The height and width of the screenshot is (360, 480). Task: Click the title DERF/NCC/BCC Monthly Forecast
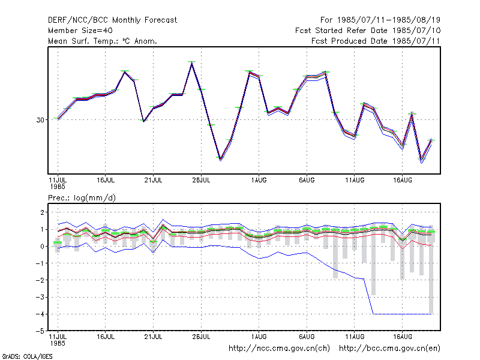[112, 20]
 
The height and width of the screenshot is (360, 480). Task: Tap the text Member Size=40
[80, 31]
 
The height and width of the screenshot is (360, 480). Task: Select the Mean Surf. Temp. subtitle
[103, 41]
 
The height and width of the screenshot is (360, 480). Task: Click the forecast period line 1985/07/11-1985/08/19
[380, 20]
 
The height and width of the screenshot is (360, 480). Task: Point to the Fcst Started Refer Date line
[368, 31]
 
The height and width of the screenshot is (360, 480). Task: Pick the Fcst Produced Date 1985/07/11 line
[376, 41]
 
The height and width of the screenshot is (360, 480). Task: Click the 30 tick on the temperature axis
[40, 120]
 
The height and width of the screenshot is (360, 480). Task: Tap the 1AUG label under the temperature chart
[259, 181]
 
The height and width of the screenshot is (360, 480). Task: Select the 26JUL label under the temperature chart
[201, 181]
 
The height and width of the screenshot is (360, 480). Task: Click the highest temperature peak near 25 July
[191, 62]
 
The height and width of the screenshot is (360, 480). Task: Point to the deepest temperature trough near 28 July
[220, 159]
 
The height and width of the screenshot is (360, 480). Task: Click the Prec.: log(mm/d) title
[82, 198]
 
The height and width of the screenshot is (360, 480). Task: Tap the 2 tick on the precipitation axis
[42, 212]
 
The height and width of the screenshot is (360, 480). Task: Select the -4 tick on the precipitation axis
[40, 314]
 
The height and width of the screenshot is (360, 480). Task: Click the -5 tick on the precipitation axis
[40, 331]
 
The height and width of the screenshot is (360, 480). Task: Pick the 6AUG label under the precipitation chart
[307, 337]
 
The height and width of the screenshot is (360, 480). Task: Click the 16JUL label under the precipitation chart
[106, 337]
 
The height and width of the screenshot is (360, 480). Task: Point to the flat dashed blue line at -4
[402, 314]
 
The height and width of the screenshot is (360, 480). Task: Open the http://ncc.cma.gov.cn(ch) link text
[279, 349]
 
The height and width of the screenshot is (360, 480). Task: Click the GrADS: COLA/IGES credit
[27, 356]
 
